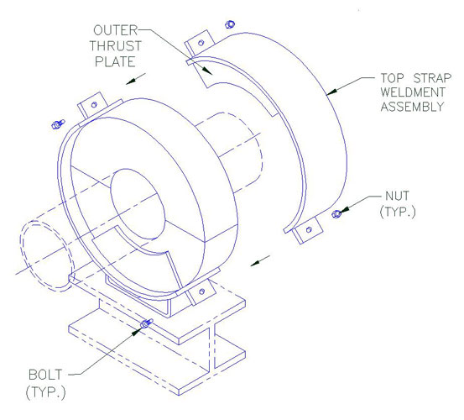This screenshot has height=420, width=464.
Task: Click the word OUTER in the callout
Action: tap(116, 30)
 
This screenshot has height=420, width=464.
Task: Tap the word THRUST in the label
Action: tap(116, 46)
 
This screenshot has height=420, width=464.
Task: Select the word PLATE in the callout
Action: tap(115, 61)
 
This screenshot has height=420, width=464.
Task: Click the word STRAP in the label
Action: tap(432, 78)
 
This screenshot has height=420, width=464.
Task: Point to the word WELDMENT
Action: tap(413, 92)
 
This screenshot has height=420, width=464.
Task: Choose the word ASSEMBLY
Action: tap(413, 107)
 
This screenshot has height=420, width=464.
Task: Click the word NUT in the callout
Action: tap(397, 196)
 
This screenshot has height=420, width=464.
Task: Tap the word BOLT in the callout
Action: tap(45, 375)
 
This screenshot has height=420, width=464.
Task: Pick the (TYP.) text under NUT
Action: tap(398, 212)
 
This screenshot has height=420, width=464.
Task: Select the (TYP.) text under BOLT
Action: tap(45, 392)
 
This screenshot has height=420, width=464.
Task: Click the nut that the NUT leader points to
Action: tap(336, 213)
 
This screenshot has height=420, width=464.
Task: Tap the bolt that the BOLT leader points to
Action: tap(146, 323)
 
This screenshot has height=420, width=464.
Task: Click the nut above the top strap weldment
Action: tap(230, 24)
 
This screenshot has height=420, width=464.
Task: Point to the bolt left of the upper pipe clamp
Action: tap(58, 124)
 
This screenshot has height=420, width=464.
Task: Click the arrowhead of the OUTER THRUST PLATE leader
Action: tap(207, 71)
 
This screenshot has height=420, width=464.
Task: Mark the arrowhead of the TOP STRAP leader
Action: tap(331, 92)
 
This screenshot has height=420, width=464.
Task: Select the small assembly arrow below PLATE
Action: tap(136, 79)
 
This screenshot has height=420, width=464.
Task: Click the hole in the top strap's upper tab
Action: tap(201, 43)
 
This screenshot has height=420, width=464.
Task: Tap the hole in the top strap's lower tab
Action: tap(309, 229)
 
